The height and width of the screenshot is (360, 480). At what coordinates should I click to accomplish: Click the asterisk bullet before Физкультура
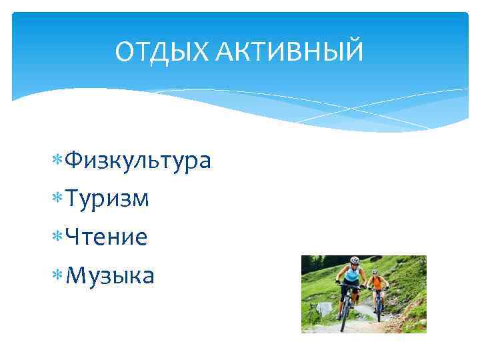pyautogui.click(x=57, y=161)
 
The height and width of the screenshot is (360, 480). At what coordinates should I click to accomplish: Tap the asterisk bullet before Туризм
pyautogui.click(x=57, y=199)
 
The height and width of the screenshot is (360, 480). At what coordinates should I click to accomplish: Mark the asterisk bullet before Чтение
pyautogui.click(x=57, y=237)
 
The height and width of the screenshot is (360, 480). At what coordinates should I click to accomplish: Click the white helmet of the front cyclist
pyautogui.click(x=355, y=260)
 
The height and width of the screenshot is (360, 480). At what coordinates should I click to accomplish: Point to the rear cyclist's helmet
pyautogui.click(x=375, y=272)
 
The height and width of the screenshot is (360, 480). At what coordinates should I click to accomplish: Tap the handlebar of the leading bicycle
pyautogui.click(x=349, y=286)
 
